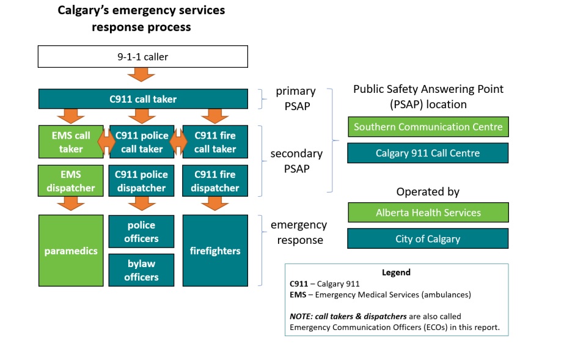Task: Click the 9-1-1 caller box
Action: (143, 57)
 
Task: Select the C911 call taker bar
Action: (143, 99)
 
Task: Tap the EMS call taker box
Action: (71, 142)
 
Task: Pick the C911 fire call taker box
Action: (215, 142)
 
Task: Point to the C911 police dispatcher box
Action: (141, 181)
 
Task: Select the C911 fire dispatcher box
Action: (215, 181)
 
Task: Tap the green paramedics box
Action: (71, 251)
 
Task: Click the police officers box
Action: (141, 232)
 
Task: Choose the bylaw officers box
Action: (141, 270)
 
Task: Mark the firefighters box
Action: (215, 251)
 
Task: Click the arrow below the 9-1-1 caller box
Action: (141, 75)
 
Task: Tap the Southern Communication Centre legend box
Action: (428, 127)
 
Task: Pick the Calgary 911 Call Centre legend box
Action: (428, 153)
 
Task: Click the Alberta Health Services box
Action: (428, 213)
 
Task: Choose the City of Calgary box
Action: (428, 238)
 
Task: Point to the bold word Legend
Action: (396, 273)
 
